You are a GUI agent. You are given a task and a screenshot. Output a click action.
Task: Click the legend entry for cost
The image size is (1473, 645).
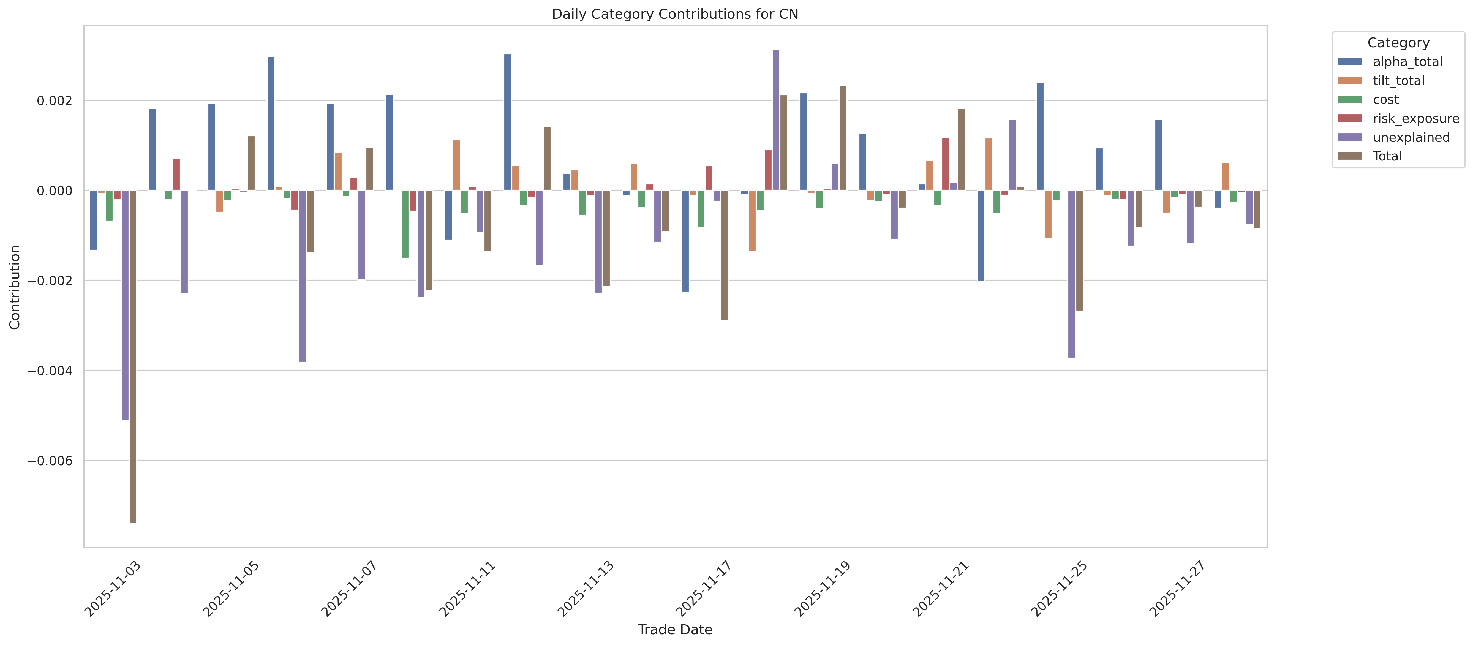click(1385, 99)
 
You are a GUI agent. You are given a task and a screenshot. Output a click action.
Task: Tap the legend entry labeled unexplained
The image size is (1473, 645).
click(1411, 137)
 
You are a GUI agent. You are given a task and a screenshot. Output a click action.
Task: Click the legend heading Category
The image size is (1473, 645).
click(1398, 43)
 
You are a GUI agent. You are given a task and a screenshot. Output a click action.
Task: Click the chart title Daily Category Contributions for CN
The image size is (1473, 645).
click(675, 14)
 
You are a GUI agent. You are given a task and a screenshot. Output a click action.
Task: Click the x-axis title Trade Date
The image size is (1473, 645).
click(675, 630)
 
